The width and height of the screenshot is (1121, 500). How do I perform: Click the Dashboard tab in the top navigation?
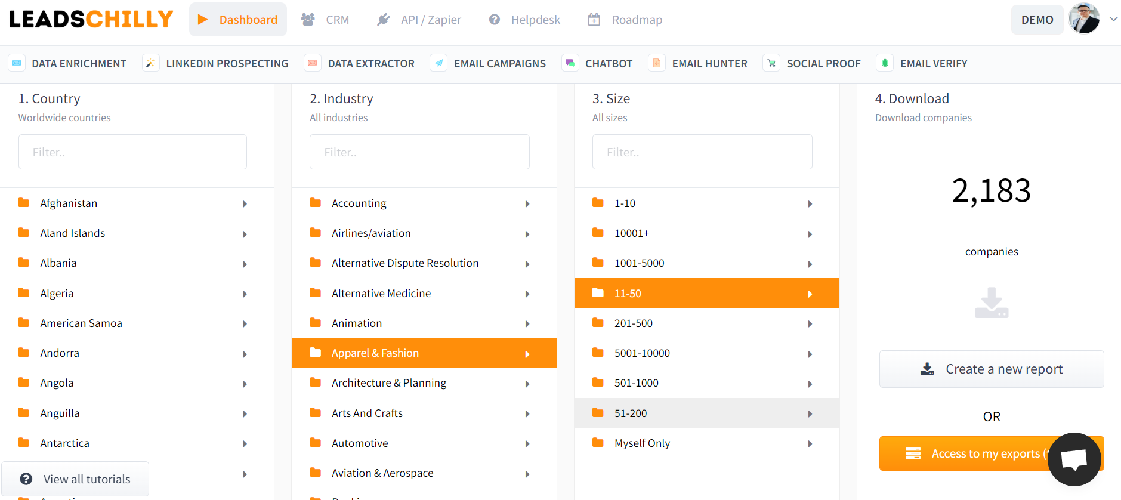point(238,20)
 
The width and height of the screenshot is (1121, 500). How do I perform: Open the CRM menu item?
point(326,20)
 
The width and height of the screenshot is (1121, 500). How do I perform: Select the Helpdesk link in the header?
point(525,20)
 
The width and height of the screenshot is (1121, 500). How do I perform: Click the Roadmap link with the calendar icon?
point(625,20)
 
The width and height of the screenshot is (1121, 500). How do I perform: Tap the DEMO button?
point(1037,20)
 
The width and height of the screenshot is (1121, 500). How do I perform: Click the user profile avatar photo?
point(1084,19)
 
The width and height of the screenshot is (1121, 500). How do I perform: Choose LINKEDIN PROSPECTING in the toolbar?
point(216,63)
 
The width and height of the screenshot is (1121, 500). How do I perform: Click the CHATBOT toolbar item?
point(598,63)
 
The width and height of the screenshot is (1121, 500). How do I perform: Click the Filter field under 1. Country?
point(132,152)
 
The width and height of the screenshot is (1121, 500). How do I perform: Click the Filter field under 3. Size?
point(702,152)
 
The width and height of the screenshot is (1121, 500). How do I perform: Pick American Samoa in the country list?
point(81,323)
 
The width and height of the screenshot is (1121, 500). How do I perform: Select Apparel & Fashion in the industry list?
point(375,353)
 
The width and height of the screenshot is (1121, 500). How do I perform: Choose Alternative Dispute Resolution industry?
point(405,263)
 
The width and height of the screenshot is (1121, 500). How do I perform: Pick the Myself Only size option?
point(642,443)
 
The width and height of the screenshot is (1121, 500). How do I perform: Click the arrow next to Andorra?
point(245,354)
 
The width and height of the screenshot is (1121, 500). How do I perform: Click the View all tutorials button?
point(76,479)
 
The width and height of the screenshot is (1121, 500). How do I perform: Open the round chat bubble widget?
point(1074,459)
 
